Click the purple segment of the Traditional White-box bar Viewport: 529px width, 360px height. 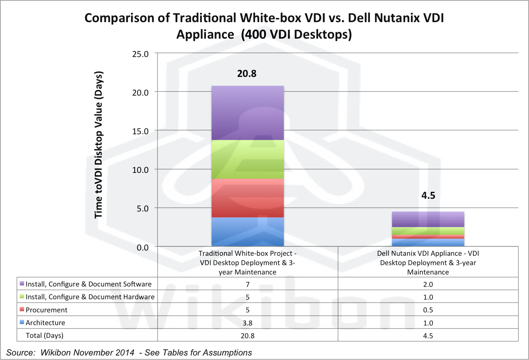point(248,113)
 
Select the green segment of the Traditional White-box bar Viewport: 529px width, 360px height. point(248,159)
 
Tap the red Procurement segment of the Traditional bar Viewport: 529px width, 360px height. point(248,198)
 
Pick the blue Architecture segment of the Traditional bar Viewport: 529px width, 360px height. point(248,232)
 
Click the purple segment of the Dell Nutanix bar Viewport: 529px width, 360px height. point(428,219)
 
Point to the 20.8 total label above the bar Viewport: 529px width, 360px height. point(247,73)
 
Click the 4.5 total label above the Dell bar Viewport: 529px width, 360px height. point(428,195)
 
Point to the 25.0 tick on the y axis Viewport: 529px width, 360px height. point(140,54)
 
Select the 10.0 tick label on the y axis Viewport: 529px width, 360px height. point(140,170)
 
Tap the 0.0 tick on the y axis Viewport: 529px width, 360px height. point(143,247)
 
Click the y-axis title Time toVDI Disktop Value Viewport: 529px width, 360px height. point(98,144)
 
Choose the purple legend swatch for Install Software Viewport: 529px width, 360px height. point(22,283)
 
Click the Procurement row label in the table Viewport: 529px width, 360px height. point(47,310)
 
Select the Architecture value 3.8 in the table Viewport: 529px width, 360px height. point(248,323)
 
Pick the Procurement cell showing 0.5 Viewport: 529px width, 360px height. point(428,310)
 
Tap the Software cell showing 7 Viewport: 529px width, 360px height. point(248,284)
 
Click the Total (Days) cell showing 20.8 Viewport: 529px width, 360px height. point(248,336)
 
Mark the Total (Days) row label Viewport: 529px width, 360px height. point(44,336)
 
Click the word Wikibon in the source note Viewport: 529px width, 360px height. point(56,353)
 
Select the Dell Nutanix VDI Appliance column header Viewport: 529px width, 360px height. point(428,262)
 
